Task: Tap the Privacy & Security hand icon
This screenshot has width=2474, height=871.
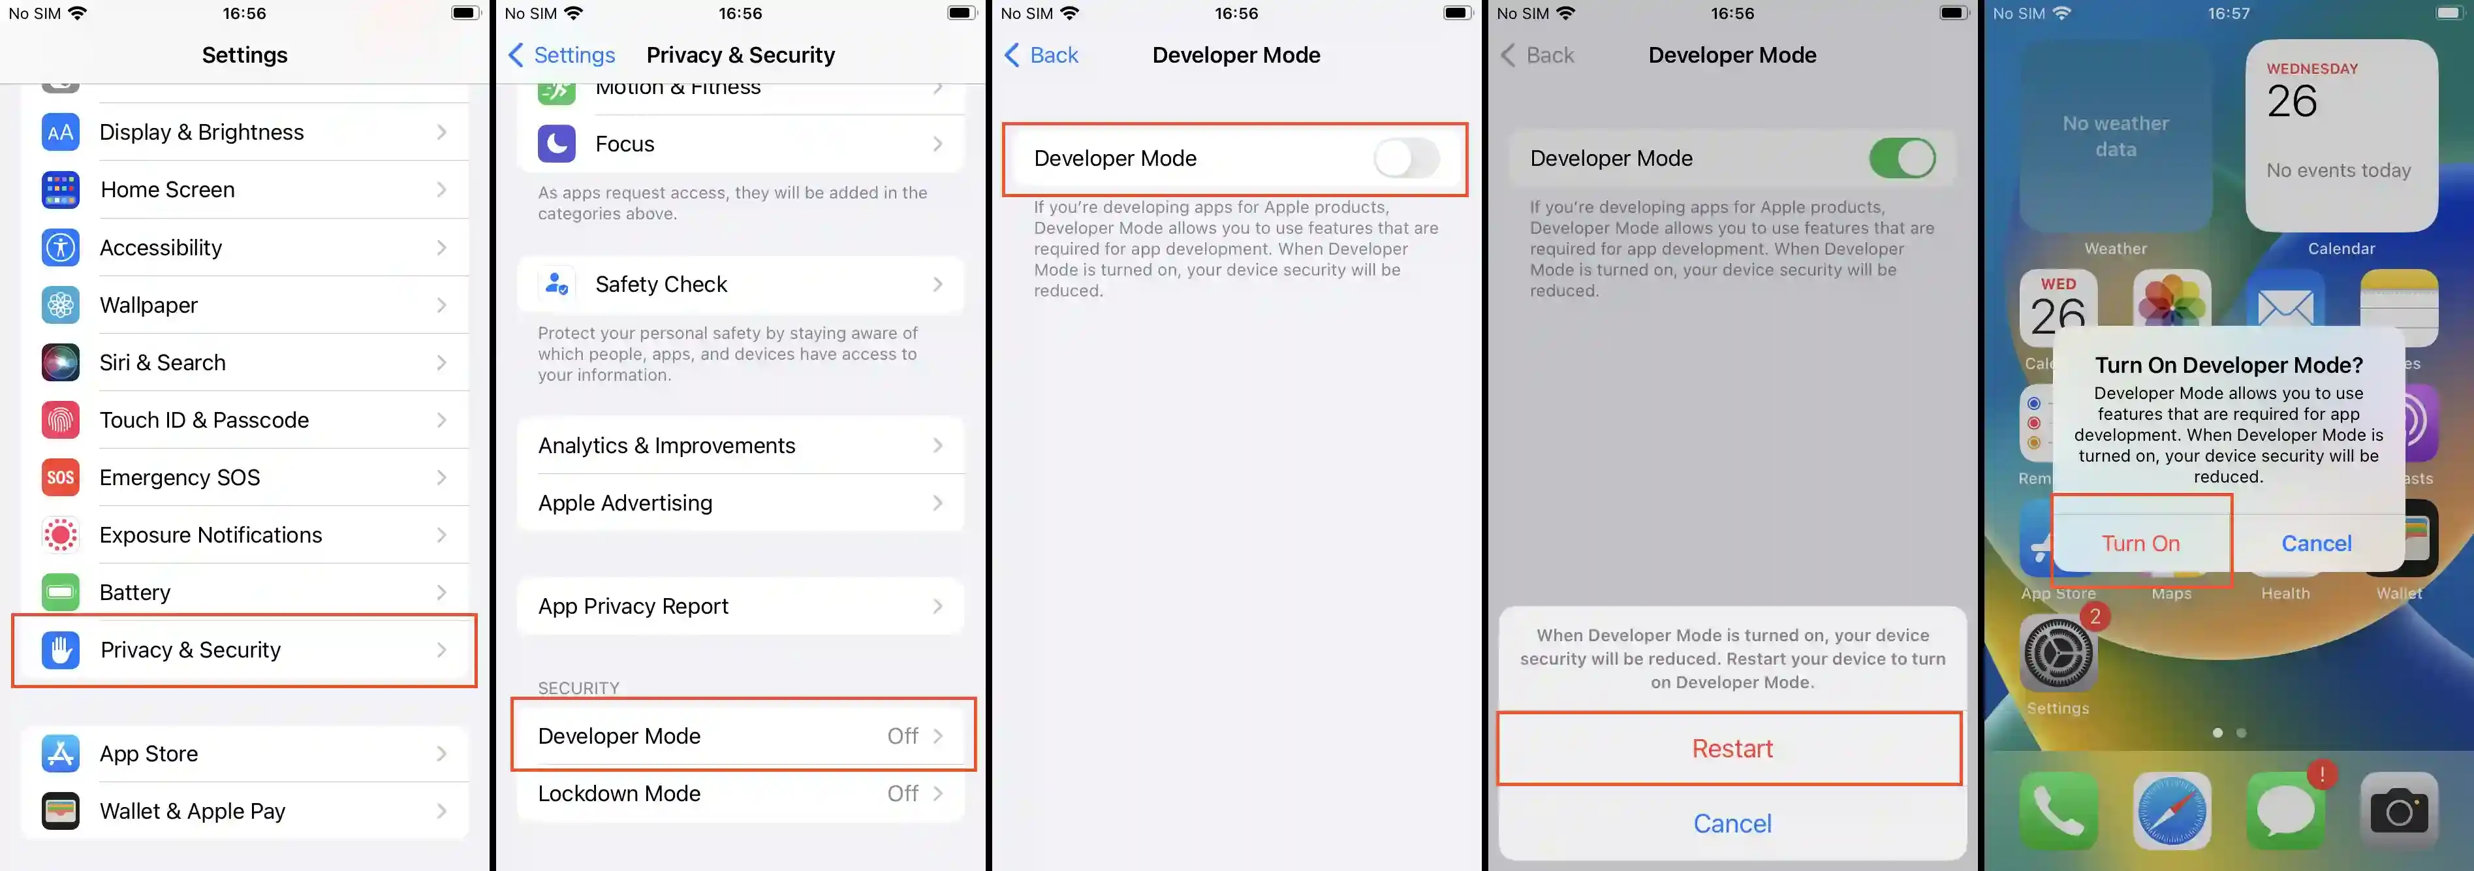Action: pos(61,650)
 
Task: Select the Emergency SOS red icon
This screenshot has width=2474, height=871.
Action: pos(61,477)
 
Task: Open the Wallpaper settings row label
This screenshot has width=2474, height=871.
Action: pos(149,306)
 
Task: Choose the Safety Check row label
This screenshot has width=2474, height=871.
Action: pos(661,284)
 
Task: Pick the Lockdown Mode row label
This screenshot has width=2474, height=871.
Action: pos(619,793)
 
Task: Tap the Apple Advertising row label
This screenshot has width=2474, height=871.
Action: pos(625,503)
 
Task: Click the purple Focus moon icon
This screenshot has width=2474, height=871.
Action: pos(557,144)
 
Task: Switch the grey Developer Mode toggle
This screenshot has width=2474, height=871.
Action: pos(1406,159)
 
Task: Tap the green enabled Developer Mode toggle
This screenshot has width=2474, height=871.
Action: pos(1902,159)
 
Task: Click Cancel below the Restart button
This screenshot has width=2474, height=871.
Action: pos(1732,823)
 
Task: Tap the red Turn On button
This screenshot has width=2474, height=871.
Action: pos(2140,543)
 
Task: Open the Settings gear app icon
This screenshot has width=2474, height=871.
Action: pos(2058,654)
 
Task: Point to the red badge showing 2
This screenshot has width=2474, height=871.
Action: pos(2095,616)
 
